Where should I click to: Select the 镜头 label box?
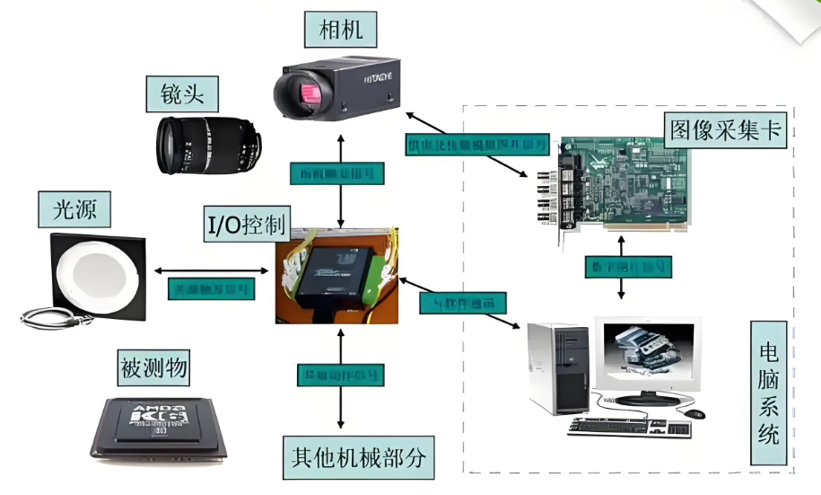(182, 93)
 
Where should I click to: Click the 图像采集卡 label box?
(725, 131)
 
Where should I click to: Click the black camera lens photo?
(208, 144)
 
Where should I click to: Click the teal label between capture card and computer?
(628, 266)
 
